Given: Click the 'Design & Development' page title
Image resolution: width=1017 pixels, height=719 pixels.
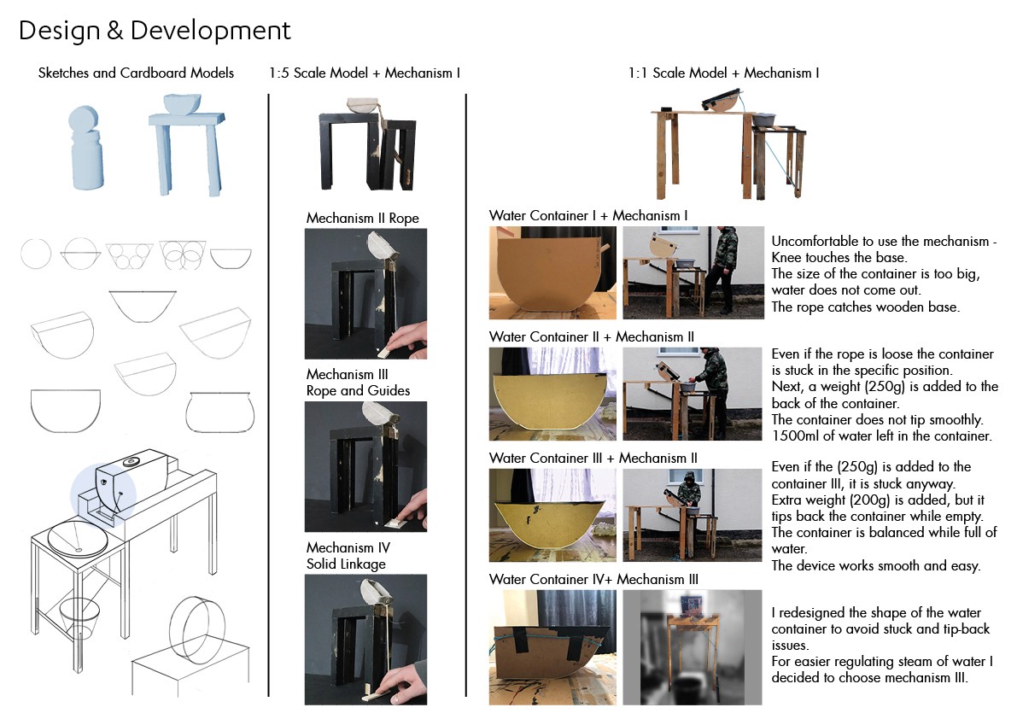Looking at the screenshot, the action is point(155,31).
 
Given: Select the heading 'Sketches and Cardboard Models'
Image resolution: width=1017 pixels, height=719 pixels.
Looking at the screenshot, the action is point(136,73).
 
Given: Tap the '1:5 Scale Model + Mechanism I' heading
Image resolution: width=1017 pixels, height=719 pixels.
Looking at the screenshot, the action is point(365,73).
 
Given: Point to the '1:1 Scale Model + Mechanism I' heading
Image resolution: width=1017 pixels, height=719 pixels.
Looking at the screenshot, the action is point(723,73).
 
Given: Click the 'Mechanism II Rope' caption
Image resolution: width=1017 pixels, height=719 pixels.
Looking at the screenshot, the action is point(363,219).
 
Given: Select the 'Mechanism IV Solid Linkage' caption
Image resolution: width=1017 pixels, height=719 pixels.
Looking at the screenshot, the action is point(347,556).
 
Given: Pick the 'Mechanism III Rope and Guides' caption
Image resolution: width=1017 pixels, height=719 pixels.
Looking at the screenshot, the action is point(358,383).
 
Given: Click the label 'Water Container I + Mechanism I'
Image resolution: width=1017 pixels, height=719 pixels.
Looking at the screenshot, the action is point(588,216).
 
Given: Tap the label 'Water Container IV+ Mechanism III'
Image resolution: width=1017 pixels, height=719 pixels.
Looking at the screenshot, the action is point(594,580).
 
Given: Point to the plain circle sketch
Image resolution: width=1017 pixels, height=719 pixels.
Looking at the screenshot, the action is point(36,254).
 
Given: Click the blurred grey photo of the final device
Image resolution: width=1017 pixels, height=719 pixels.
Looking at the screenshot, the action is point(692,646).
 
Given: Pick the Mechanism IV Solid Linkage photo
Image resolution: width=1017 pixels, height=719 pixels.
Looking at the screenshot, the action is point(365,640).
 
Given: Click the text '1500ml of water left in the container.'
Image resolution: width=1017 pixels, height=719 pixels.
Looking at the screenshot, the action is point(881,435).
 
